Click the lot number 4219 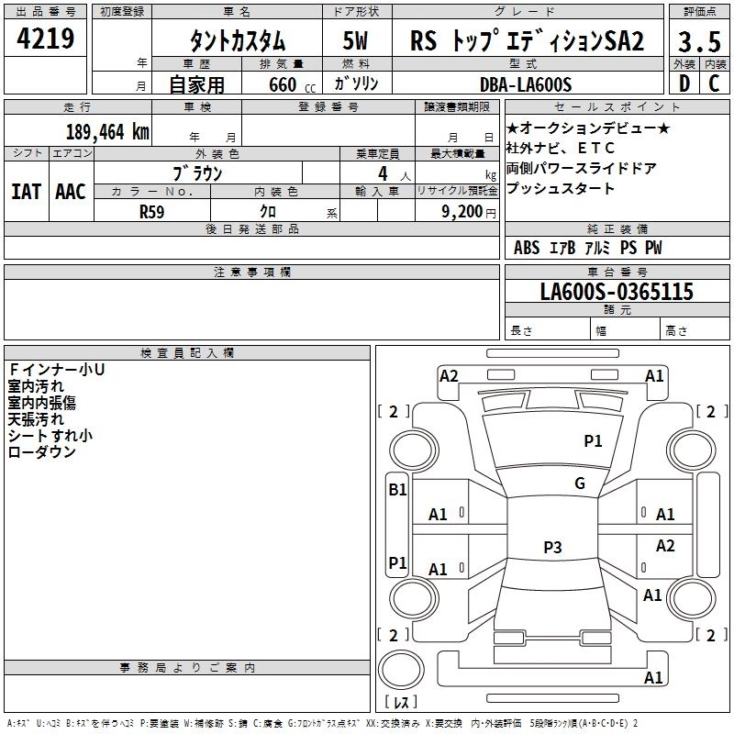tap(45, 39)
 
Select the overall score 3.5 tap(699, 41)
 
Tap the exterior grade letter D tap(684, 83)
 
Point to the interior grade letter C tap(714, 83)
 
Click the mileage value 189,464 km tap(107, 132)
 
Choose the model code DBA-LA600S tap(526, 84)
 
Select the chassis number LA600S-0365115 tap(617, 291)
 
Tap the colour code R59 tap(151, 212)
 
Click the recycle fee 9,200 tap(462, 212)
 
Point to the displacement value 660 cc tap(292, 85)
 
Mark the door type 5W tap(355, 40)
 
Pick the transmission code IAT tap(27, 192)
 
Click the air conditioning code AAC tap(71, 192)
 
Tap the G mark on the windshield tap(580, 484)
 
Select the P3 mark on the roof tap(552, 547)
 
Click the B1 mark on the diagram tap(397, 490)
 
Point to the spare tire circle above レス tap(401, 670)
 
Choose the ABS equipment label tap(527, 248)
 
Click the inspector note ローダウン tap(41, 451)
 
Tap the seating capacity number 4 tap(383, 173)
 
